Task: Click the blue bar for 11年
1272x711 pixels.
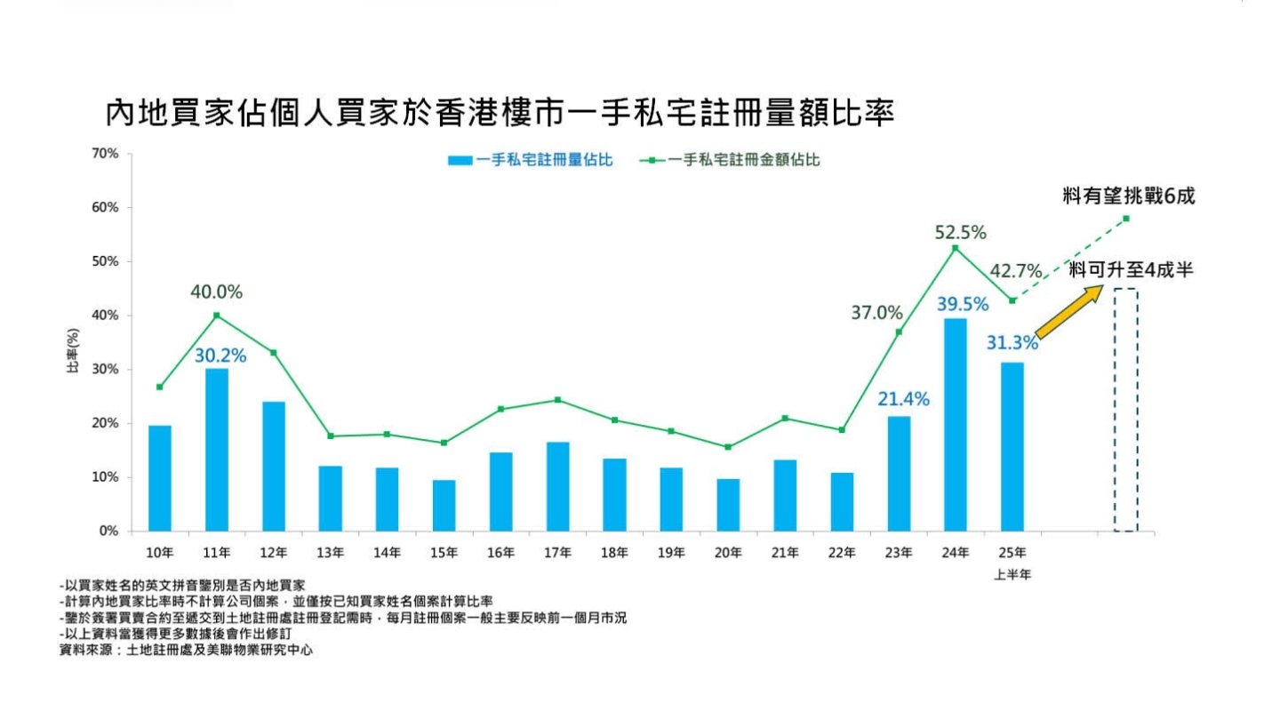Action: click(x=216, y=450)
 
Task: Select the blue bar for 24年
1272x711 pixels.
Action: click(x=955, y=425)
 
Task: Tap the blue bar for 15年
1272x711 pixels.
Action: click(x=444, y=505)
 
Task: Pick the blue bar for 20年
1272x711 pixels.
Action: click(x=728, y=504)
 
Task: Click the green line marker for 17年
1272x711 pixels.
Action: click(x=557, y=400)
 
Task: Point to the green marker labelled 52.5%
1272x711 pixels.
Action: click(x=955, y=248)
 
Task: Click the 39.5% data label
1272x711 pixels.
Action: click(x=963, y=305)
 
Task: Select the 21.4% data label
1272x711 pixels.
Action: click(x=903, y=400)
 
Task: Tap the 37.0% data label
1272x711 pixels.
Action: click(x=876, y=313)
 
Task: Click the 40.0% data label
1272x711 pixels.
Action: click(x=216, y=292)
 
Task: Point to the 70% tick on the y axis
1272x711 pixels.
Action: click(x=104, y=154)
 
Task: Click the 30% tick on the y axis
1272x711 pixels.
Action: click(x=104, y=370)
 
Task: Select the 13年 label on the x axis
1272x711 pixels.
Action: click(x=330, y=553)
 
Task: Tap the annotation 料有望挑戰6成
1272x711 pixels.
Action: click(x=1129, y=196)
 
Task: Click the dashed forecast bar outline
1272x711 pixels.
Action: click(x=1125, y=410)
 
